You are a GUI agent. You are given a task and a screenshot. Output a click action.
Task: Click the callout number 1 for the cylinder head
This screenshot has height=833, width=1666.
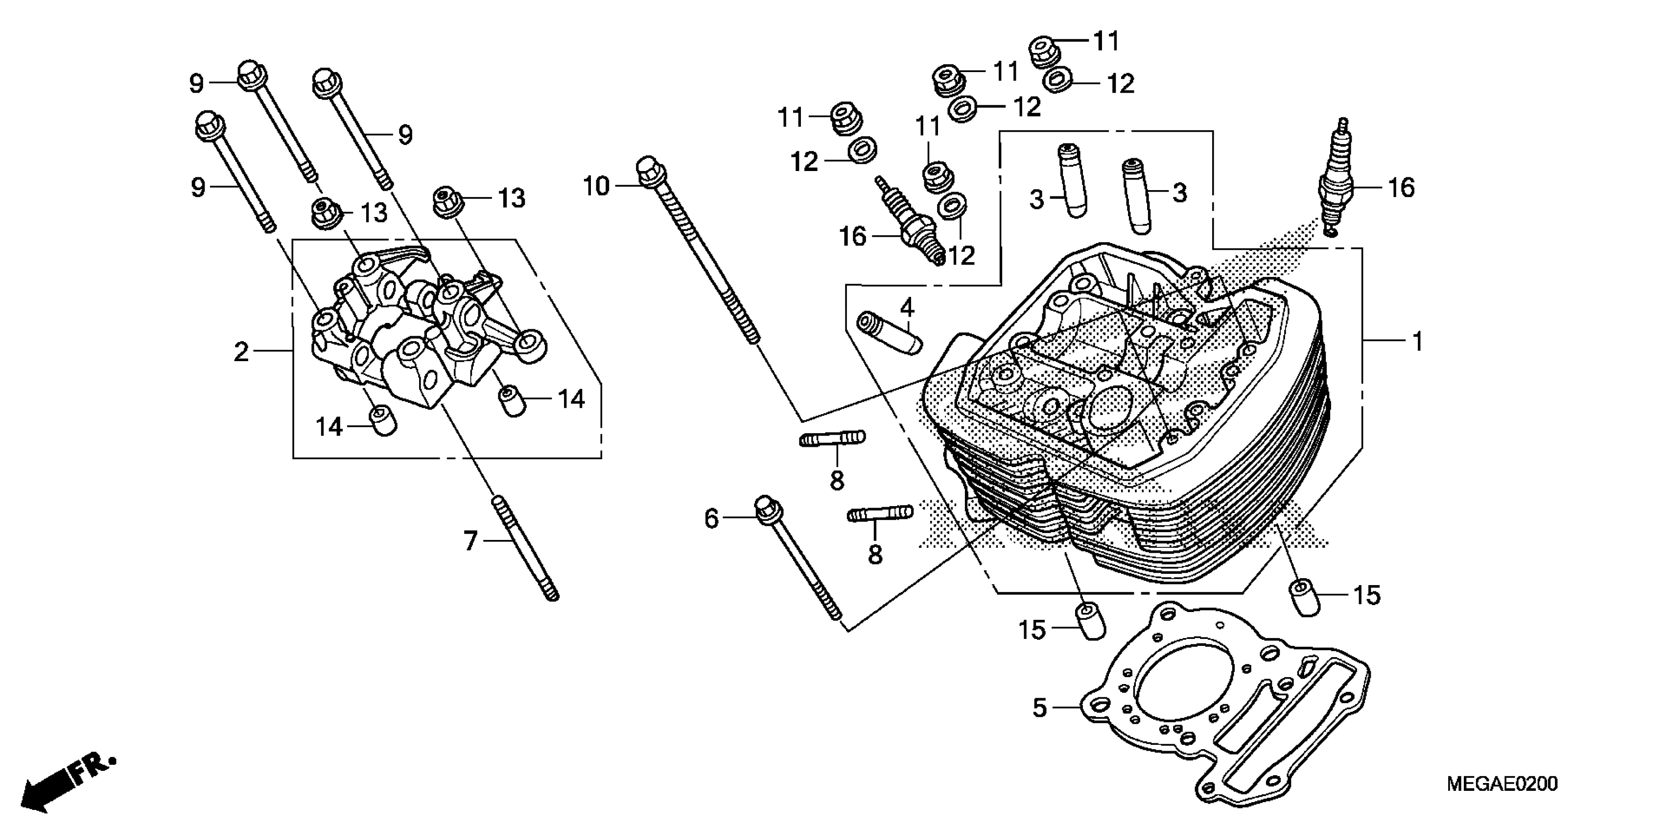coord(1417,341)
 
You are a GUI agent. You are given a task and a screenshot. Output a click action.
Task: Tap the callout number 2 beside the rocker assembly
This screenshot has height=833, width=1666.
coord(241,352)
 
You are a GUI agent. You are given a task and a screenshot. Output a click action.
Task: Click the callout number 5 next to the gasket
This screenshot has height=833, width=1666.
coord(1039,708)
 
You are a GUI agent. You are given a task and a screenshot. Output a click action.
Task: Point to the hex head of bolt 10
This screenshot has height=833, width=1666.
coord(647,170)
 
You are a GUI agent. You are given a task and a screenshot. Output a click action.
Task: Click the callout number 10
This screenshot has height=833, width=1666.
coord(596,186)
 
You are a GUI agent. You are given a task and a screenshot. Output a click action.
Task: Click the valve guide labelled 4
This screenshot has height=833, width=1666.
coord(889,333)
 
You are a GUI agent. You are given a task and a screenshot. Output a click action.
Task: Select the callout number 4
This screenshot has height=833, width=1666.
coord(907,307)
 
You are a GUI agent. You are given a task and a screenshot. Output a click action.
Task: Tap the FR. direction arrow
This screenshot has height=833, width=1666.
coord(65,785)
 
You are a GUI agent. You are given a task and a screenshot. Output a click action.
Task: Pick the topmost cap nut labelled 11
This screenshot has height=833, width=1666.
coord(1042,51)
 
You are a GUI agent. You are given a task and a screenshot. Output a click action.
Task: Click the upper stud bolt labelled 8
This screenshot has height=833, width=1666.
coord(832,440)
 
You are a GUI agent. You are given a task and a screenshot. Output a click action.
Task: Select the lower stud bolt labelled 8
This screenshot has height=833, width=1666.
coord(880,514)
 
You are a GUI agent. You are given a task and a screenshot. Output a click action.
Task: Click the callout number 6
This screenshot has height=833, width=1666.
coord(711,518)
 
